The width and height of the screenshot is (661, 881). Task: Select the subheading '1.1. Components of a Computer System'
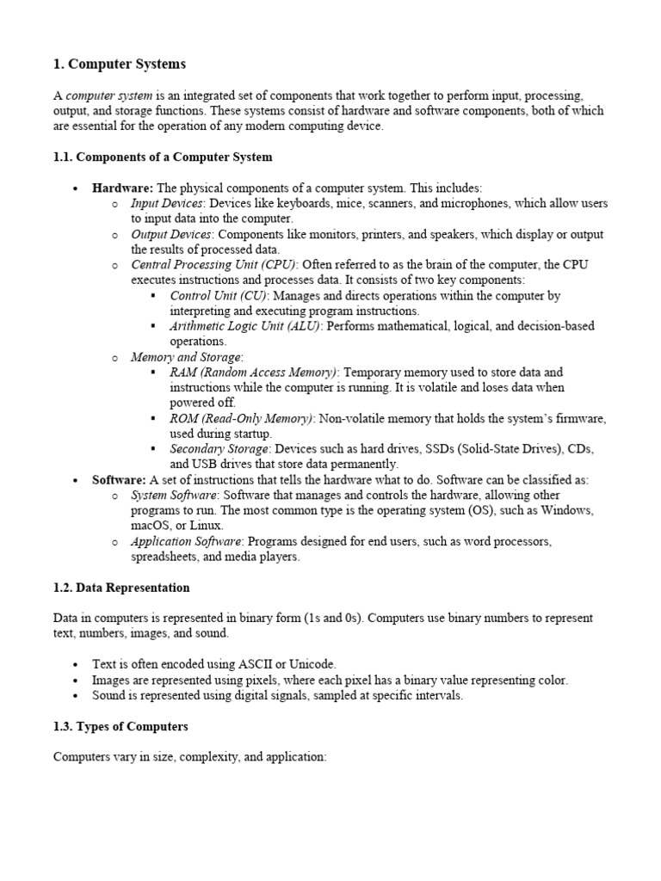[x=163, y=157]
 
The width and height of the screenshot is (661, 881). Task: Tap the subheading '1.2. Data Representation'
[x=121, y=588]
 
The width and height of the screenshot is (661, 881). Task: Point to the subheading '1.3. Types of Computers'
[x=120, y=727]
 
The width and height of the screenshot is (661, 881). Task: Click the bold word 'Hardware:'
[x=122, y=188]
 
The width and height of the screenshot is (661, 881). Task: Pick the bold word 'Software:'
[x=120, y=480]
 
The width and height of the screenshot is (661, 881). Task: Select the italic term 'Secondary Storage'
[x=219, y=449]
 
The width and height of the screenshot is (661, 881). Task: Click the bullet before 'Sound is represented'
[x=76, y=696]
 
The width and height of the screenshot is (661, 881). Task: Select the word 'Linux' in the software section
[x=206, y=526]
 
